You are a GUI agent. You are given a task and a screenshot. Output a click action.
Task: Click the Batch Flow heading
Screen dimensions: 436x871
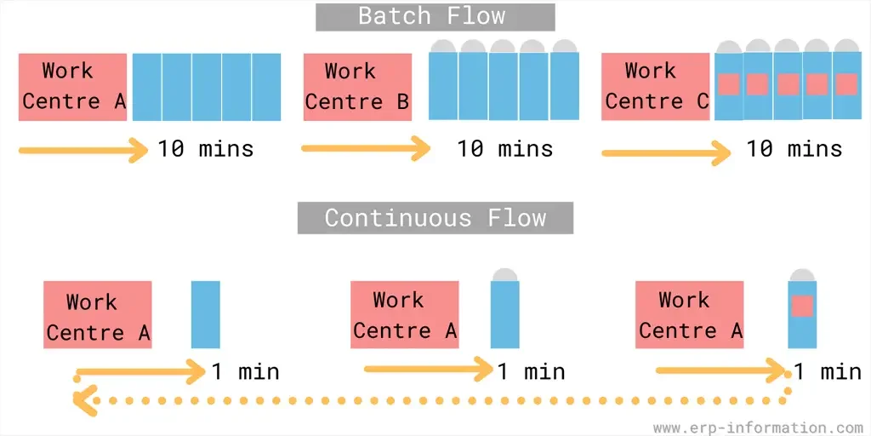[435, 17]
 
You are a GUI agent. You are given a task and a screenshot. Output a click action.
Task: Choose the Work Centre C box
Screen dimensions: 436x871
[655, 87]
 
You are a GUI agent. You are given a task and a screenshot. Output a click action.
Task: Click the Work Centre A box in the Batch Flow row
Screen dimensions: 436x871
[72, 87]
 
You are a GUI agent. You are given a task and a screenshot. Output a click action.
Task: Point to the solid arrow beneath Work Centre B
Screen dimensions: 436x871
[366, 149]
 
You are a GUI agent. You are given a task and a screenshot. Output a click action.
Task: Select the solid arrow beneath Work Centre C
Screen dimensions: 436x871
[665, 152]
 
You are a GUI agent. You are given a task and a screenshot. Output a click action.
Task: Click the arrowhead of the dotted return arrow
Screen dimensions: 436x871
[81, 399]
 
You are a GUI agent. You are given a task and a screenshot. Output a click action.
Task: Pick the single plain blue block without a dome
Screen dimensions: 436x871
[206, 314]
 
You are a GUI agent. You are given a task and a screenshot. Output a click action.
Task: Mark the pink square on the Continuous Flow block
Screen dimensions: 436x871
[802, 306]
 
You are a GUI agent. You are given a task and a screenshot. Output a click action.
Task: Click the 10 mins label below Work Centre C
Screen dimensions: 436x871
[794, 149]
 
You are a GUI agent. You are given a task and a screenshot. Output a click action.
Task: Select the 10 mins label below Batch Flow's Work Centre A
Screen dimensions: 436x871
[205, 149]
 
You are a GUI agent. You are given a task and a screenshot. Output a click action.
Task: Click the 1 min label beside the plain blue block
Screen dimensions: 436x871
[245, 372]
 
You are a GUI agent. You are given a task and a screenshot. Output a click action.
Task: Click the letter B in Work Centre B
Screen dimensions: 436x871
[402, 102]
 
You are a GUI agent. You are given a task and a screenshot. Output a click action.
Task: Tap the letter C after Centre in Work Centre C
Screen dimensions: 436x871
[702, 102]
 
